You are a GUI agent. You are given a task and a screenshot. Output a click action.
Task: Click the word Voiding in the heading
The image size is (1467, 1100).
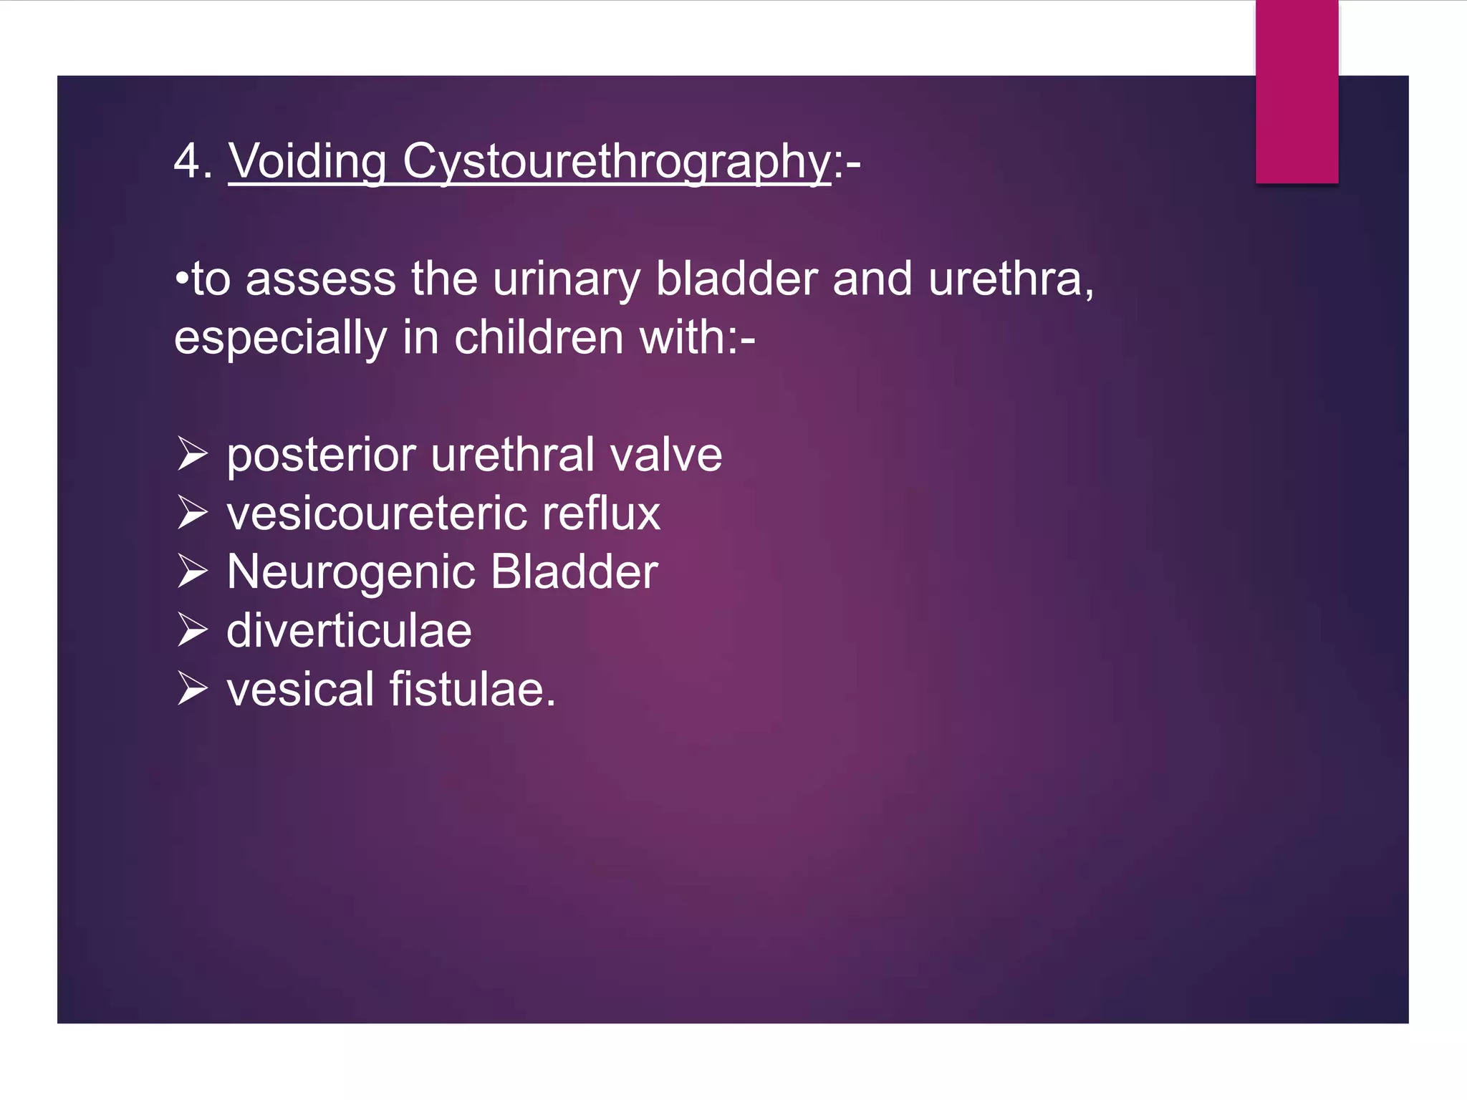[x=307, y=162]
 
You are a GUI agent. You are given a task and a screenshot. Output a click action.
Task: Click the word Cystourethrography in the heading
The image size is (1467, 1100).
[x=616, y=162]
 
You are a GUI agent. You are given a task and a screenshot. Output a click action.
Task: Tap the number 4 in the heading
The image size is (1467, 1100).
[x=187, y=162]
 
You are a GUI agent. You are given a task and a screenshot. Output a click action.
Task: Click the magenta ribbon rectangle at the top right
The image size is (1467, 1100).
[x=1297, y=92]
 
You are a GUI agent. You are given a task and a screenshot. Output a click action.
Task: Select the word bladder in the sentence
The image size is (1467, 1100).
[x=736, y=279]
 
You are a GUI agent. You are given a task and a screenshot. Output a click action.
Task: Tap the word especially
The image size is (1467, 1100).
[x=280, y=338]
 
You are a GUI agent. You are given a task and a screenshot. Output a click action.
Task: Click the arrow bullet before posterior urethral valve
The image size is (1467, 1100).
[x=193, y=455]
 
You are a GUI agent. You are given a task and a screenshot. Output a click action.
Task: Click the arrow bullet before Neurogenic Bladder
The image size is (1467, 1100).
[x=193, y=572]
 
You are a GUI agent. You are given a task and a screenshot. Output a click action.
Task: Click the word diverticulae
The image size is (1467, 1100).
[x=349, y=632]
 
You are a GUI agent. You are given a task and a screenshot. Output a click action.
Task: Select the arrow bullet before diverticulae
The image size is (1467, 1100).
[x=193, y=631]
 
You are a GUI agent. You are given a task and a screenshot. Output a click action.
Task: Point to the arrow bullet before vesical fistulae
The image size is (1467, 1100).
[x=193, y=690]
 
